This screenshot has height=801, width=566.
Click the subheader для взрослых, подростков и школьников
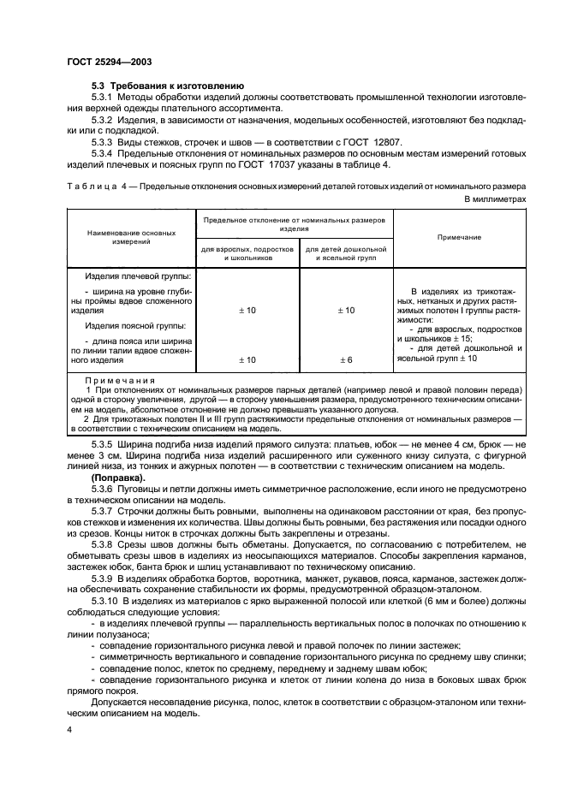pyautogui.click(x=247, y=252)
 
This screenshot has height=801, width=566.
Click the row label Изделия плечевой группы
pyautogui.click(x=138, y=277)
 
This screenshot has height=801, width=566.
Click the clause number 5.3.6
pyautogui.click(x=106, y=488)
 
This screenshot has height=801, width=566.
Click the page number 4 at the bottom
pyautogui.click(x=69, y=729)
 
